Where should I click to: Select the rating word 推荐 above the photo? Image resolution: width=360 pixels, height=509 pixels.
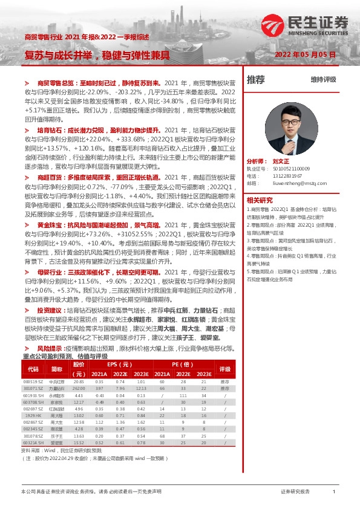point(256,79)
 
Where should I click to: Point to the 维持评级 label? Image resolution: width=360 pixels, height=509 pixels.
point(322,79)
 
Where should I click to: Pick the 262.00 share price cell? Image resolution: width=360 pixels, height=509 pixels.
point(79,387)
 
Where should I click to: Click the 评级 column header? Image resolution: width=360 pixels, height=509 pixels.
point(224,368)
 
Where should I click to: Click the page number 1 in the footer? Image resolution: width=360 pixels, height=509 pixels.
point(334,492)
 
